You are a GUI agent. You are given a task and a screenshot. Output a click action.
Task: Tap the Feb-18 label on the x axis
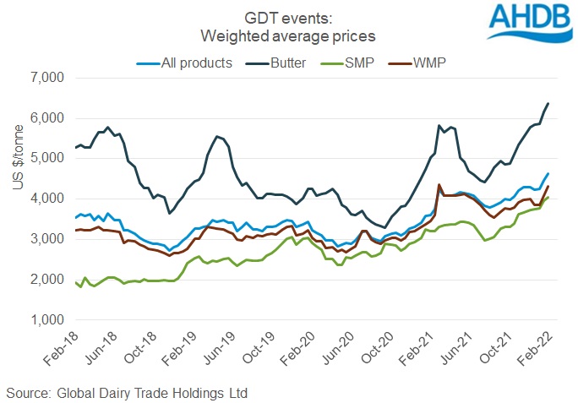tap(63, 351)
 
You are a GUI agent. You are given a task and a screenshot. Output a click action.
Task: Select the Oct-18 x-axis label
tap(144, 351)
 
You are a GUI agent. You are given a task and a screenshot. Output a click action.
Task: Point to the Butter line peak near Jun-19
tap(217, 136)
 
